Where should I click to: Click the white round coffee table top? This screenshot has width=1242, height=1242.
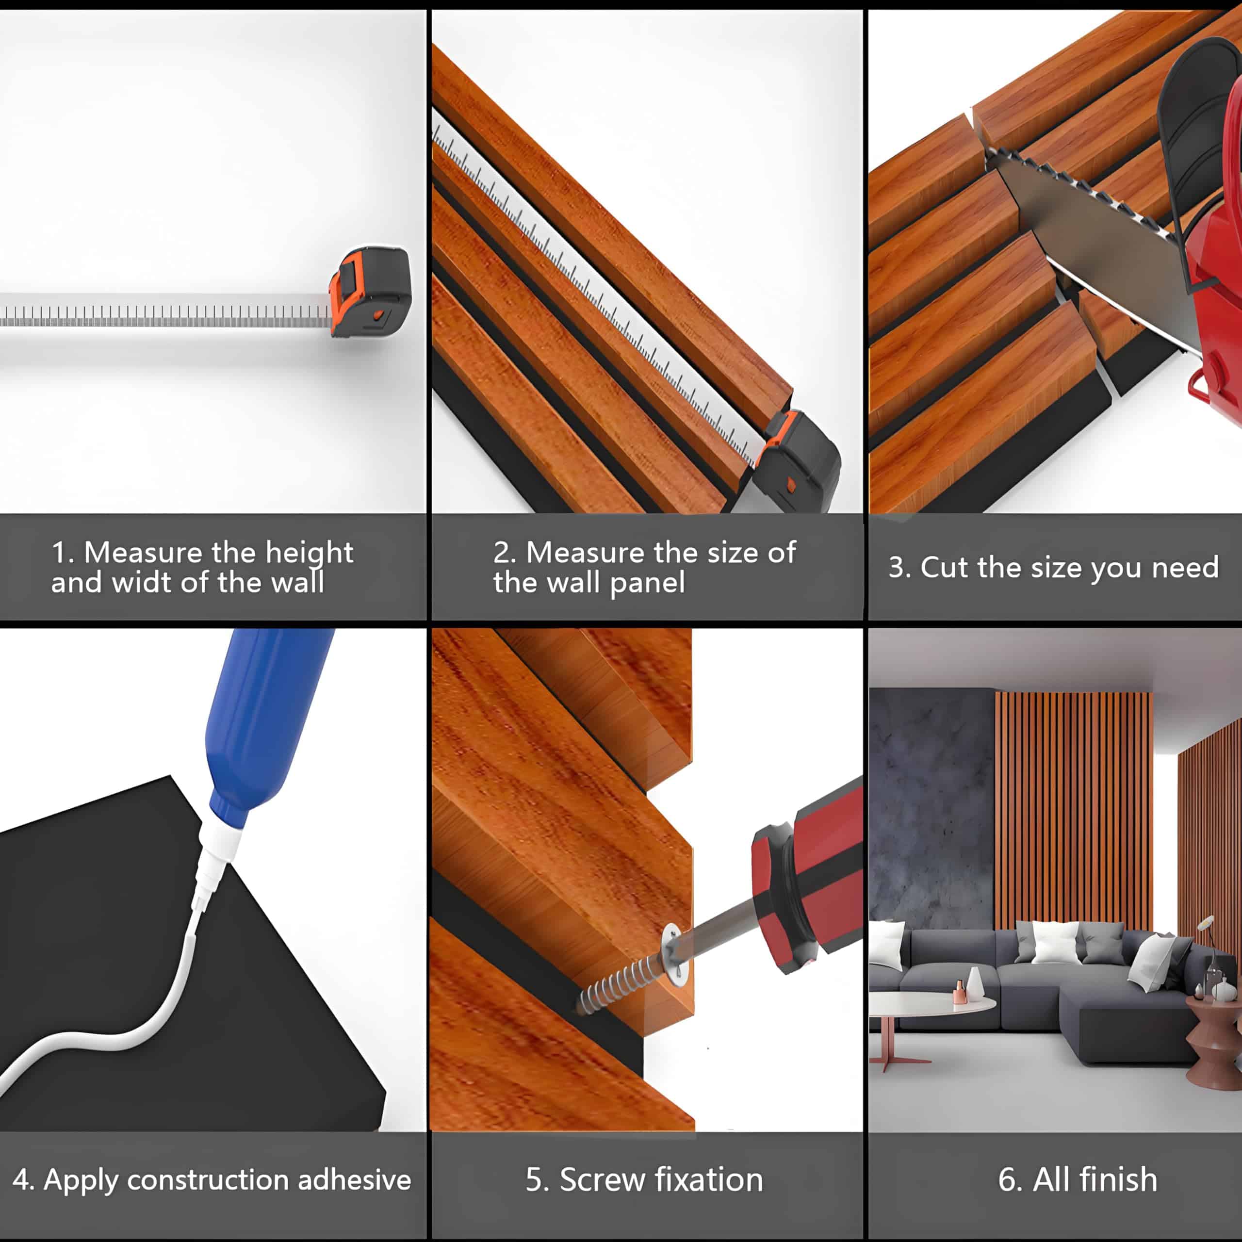pos(931,1003)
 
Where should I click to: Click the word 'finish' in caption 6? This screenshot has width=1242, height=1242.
pos(1119,1179)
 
